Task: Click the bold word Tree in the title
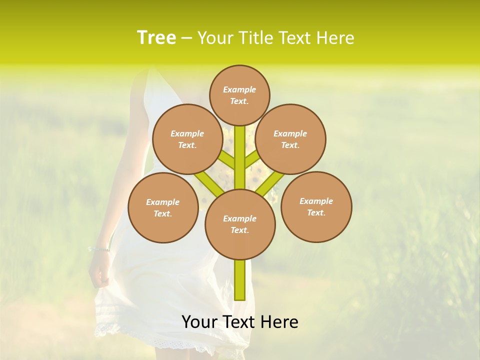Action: [156, 37]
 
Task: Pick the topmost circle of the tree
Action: [239, 95]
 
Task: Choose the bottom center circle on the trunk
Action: [240, 224]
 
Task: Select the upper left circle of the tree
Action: [187, 139]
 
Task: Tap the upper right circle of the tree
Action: [290, 139]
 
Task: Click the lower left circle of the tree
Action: [163, 207]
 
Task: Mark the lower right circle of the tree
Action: [316, 206]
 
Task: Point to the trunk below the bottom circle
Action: [240, 280]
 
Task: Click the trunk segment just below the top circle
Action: [240, 145]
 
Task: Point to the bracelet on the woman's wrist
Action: [99, 248]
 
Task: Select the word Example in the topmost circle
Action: [239, 89]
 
